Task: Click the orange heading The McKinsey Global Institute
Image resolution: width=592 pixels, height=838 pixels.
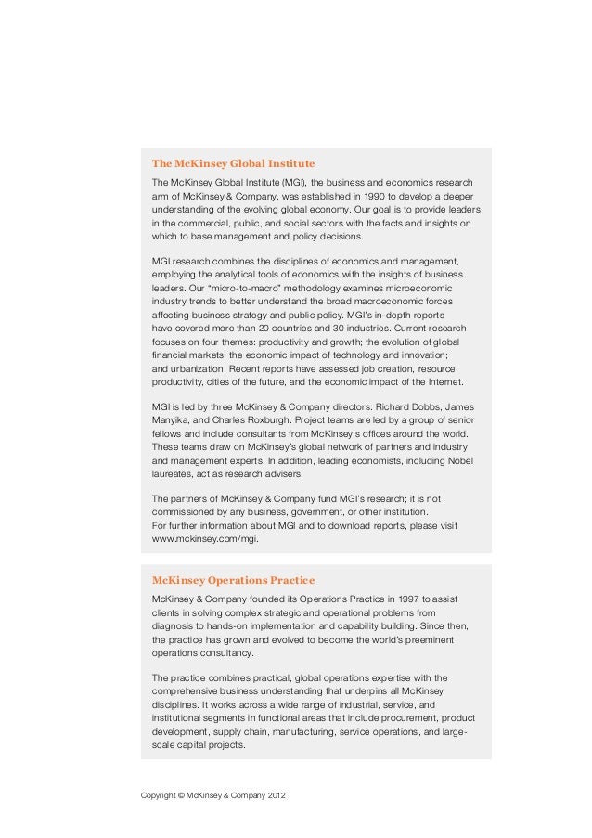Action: tap(233, 163)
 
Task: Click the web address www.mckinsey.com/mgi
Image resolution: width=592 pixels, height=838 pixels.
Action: tap(205, 538)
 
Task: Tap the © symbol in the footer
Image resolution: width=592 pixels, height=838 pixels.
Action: tap(186, 796)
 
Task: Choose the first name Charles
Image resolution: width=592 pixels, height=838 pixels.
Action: tap(228, 421)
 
